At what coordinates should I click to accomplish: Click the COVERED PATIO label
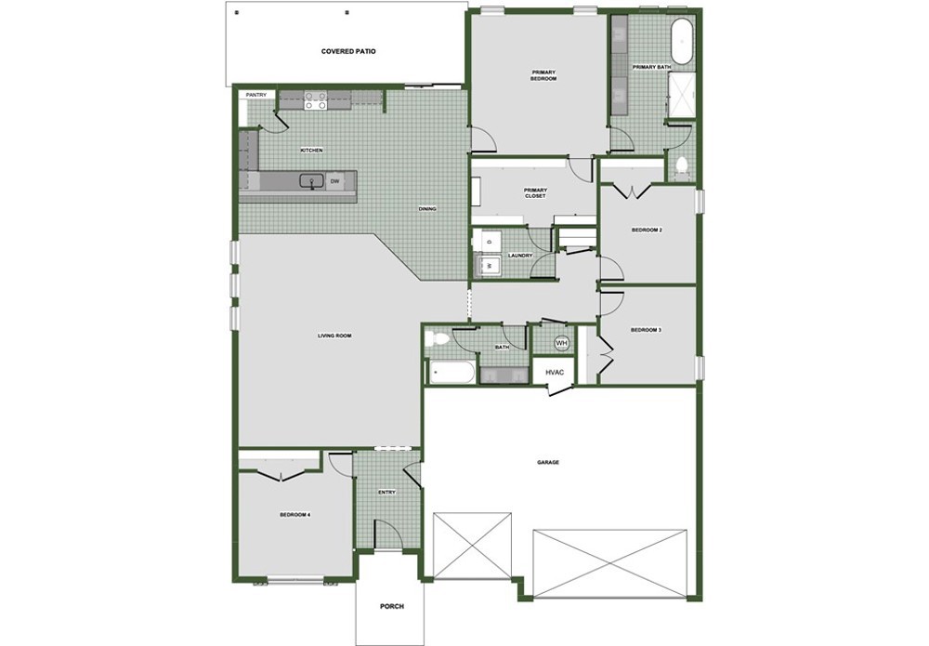tap(348, 51)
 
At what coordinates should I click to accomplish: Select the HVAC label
tap(555, 373)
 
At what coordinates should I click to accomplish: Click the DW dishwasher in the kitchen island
tap(334, 181)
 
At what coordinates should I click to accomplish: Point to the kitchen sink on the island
tap(311, 181)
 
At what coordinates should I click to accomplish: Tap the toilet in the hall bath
tap(437, 338)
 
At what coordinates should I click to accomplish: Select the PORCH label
tap(392, 606)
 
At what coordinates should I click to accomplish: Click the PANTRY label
tap(256, 95)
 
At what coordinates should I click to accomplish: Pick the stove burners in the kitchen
tap(315, 99)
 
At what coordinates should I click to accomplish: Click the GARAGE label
tap(548, 462)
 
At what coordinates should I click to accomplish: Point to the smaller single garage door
tap(472, 546)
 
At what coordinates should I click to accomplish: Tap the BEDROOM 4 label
tap(295, 515)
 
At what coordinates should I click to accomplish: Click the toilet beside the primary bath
tap(681, 166)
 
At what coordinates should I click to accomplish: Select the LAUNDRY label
tap(520, 256)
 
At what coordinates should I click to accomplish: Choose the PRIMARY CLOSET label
tap(535, 192)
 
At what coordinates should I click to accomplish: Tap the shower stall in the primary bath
tap(681, 96)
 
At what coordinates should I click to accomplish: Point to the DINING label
tap(427, 208)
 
